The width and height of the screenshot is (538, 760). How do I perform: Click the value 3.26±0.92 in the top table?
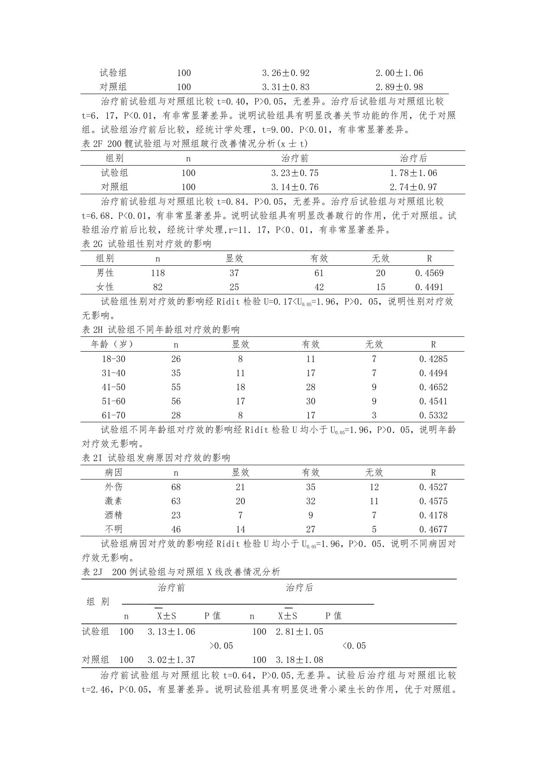point(285,73)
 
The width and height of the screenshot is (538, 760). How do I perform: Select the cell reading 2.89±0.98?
point(399,87)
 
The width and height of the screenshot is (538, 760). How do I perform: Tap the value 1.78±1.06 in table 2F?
point(413,173)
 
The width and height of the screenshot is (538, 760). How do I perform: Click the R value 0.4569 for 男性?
point(429,273)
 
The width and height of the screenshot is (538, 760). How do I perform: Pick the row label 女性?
point(105,287)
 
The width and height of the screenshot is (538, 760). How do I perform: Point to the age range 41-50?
point(114,387)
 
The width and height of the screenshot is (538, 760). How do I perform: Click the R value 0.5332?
point(433,415)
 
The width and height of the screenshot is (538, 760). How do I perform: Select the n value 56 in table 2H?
point(176,401)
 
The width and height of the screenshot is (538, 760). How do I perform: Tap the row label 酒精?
point(114,515)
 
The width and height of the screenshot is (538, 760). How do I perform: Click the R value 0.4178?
point(433,515)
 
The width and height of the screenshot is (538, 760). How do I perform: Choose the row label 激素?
point(114,501)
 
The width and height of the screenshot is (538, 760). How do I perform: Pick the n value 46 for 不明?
point(176,529)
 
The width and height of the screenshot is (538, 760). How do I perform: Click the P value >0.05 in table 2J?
point(221,646)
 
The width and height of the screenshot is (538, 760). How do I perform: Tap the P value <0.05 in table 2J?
point(354,646)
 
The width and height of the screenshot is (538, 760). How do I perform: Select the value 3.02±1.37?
point(171,660)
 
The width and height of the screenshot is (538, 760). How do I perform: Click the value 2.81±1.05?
point(299,632)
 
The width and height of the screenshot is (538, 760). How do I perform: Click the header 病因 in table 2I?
point(114,473)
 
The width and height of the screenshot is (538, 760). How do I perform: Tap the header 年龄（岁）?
point(112,344)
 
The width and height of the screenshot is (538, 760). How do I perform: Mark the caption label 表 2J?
point(92,572)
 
